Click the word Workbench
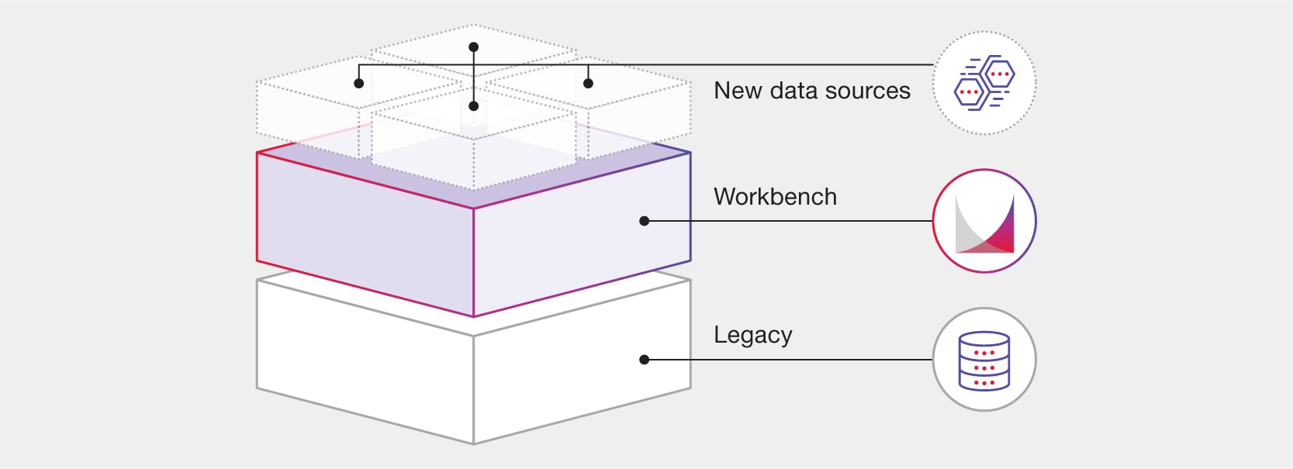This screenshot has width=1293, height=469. pyautogui.click(x=775, y=197)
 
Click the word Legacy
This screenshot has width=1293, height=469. pyautogui.click(x=752, y=335)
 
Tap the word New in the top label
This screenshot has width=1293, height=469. pyautogui.click(x=737, y=91)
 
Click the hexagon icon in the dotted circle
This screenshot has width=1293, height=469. pyautogui.click(x=984, y=83)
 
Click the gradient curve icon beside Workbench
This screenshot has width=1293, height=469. pyautogui.click(x=984, y=222)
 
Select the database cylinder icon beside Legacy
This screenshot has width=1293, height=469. pyautogui.click(x=984, y=360)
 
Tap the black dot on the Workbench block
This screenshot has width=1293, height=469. pyautogui.click(x=644, y=221)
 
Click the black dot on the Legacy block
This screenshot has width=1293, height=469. pyautogui.click(x=644, y=360)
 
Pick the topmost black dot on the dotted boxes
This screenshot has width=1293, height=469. pyautogui.click(x=474, y=47)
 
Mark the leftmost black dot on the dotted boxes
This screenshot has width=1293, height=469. pyautogui.click(x=358, y=83)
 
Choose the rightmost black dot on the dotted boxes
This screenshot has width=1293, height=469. pyautogui.click(x=588, y=83)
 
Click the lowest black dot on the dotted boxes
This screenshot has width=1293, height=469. pyautogui.click(x=474, y=106)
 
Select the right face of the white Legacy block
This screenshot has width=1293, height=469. pyautogui.click(x=582, y=388)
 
